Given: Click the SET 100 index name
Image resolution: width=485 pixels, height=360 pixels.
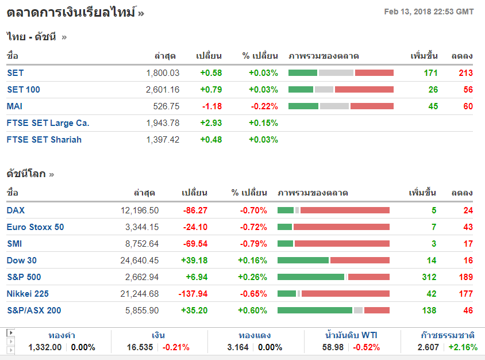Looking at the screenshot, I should (24, 90).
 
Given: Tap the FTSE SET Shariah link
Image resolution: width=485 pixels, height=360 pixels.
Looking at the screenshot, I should (44, 140).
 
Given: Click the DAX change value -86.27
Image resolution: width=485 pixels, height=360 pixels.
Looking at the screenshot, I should (195, 210).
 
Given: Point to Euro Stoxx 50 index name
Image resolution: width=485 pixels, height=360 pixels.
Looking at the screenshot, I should (35, 227).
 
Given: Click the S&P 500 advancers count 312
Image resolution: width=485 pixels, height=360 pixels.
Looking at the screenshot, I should (429, 277).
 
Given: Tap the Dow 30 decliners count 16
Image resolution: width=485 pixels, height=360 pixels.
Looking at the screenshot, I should (468, 261).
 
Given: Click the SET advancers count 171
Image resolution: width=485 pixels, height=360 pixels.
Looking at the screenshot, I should (430, 73).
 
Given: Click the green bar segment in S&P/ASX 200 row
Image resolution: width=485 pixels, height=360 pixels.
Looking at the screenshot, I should (314, 311).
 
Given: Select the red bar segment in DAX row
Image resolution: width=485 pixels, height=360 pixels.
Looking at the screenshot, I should (344, 210).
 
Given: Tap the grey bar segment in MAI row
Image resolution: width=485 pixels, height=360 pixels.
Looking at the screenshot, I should (334, 106).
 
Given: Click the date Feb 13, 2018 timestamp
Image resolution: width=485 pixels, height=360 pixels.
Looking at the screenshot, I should (429, 12).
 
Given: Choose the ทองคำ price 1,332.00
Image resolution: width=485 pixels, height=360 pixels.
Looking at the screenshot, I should (45, 347).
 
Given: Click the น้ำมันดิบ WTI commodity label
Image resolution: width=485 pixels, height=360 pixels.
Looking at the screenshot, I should (351, 335).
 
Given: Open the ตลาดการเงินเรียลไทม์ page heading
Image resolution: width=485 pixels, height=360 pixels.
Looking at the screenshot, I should (71, 12).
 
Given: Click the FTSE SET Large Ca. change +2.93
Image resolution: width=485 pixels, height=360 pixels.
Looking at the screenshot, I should (210, 123).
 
